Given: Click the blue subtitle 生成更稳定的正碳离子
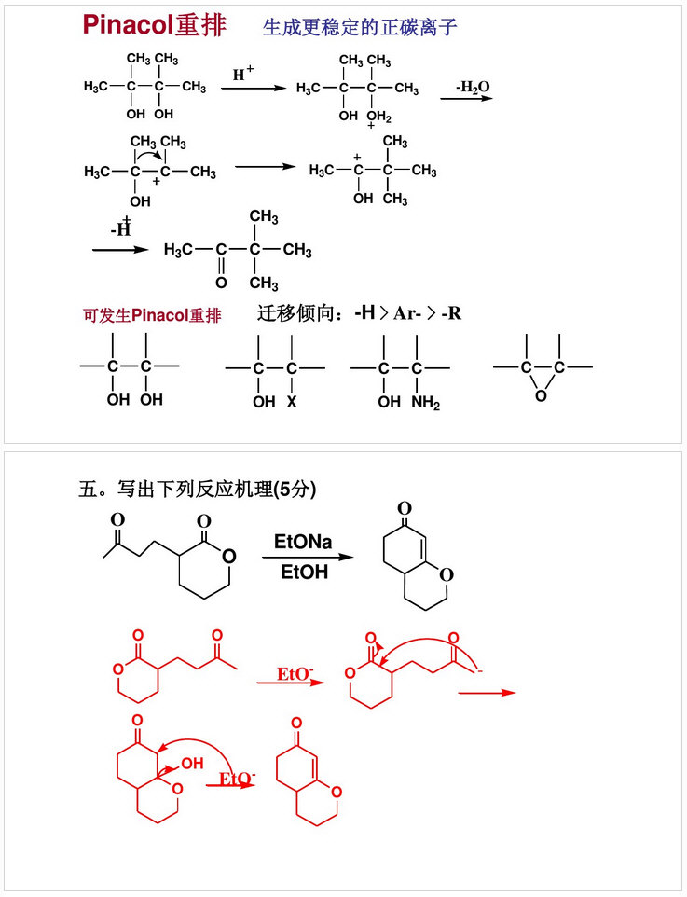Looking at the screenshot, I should click(x=360, y=28).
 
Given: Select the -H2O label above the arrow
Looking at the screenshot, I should click(x=473, y=87).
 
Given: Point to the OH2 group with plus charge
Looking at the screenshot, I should click(x=378, y=117).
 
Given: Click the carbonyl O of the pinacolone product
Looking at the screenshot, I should click(x=221, y=281).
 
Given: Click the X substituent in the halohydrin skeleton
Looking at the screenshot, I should click(x=291, y=402).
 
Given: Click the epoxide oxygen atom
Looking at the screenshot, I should click(x=541, y=396).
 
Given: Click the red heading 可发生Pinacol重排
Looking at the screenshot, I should click(x=152, y=315).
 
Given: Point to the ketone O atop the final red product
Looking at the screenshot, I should click(x=296, y=723).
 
